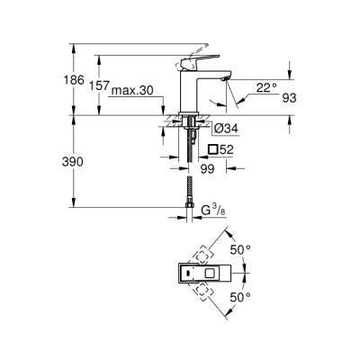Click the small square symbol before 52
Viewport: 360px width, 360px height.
pos(213,149)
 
